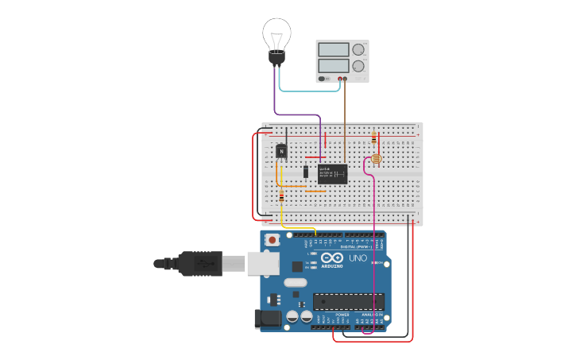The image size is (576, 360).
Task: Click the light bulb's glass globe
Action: click(x=276, y=33)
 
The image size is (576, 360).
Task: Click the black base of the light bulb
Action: click(x=276, y=57)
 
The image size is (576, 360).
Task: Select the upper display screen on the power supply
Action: click(x=334, y=49)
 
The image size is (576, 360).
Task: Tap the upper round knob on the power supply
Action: click(x=358, y=50)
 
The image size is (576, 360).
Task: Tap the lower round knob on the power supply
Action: click(x=358, y=66)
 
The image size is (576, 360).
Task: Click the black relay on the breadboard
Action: click(x=332, y=173)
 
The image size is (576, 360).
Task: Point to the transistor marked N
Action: click(x=281, y=150)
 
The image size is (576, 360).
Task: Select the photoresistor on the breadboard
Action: click(x=377, y=159)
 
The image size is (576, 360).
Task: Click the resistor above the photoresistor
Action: click(x=374, y=139)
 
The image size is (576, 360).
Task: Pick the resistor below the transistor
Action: click(x=281, y=196)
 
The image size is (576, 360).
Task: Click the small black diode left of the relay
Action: click(x=306, y=172)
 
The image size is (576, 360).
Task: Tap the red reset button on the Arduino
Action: click(x=273, y=239)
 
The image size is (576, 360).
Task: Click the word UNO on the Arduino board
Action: click(x=358, y=258)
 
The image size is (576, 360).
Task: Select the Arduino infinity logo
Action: click(x=332, y=257)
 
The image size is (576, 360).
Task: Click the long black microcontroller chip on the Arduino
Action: click(x=348, y=301)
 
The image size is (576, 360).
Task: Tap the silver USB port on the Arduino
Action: click(x=260, y=263)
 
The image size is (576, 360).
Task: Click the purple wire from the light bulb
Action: click(x=276, y=95)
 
